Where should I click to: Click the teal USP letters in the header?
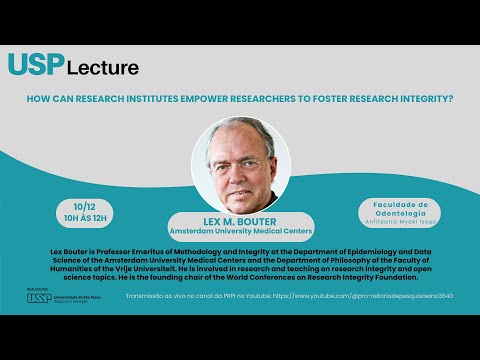click(35, 65)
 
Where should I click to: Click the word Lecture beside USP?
click(103, 68)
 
